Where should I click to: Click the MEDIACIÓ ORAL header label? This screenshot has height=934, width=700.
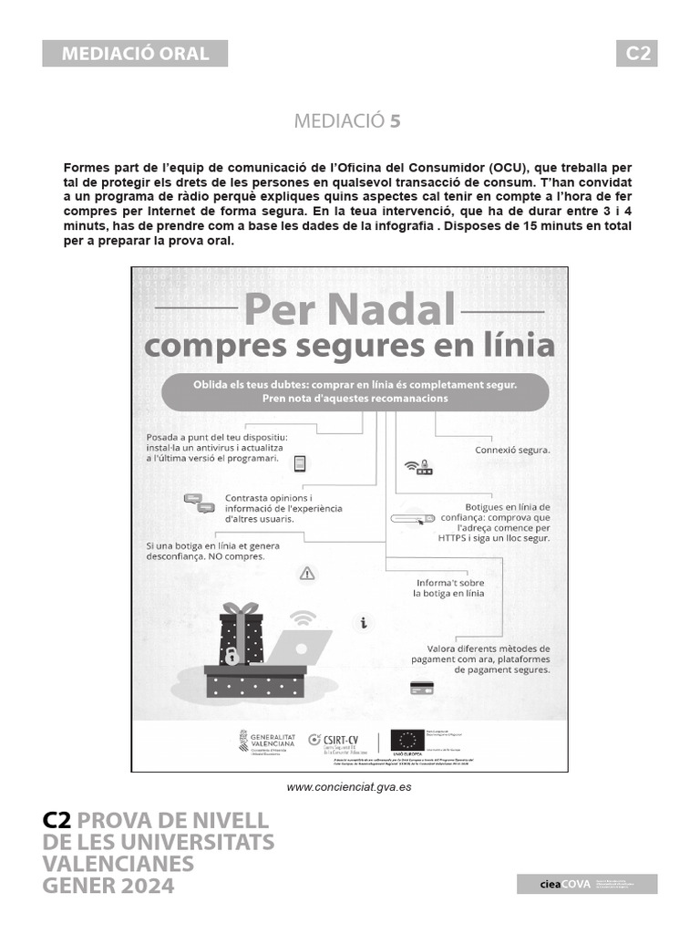click(x=135, y=53)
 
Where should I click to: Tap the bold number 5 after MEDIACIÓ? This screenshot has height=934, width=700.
click(x=395, y=120)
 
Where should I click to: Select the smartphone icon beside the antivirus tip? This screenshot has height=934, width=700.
click(x=299, y=464)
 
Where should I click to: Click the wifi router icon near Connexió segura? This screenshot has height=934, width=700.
click(x=417, y=467)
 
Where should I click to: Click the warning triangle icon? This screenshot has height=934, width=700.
click(x=307, y=573)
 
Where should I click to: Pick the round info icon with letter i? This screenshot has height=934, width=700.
click(x=364, y=623)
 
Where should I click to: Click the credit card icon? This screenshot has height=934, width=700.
click(x=421, y=687)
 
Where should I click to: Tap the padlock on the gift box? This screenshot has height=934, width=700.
click(x=232, y=654)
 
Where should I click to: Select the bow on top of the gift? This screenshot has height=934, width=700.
click(x=241, y=608)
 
